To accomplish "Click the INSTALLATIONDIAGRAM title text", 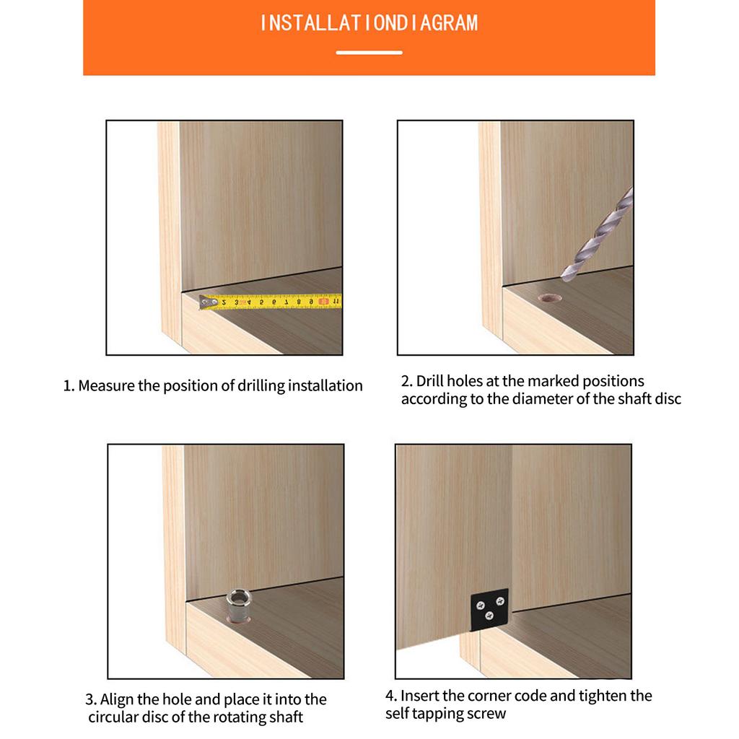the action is tap(369, 23).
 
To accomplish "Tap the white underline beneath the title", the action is tap(369, 53).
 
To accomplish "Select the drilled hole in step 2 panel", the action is tap(550, 298).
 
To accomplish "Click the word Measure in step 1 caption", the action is tap(107, 385).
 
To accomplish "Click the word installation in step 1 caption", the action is tap(325, 385).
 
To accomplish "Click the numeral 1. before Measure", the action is tap(69, 386).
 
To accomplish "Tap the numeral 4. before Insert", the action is tap(391, 696).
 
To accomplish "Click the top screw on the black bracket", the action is tap(501, 601).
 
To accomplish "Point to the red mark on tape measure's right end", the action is tap(324, 301).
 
